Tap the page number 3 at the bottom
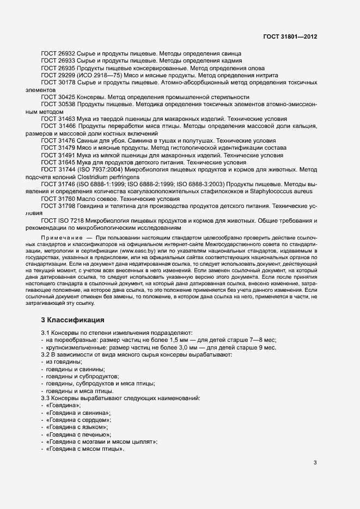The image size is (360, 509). [x=315, y=463]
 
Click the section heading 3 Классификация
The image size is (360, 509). [x=73, y=319]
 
